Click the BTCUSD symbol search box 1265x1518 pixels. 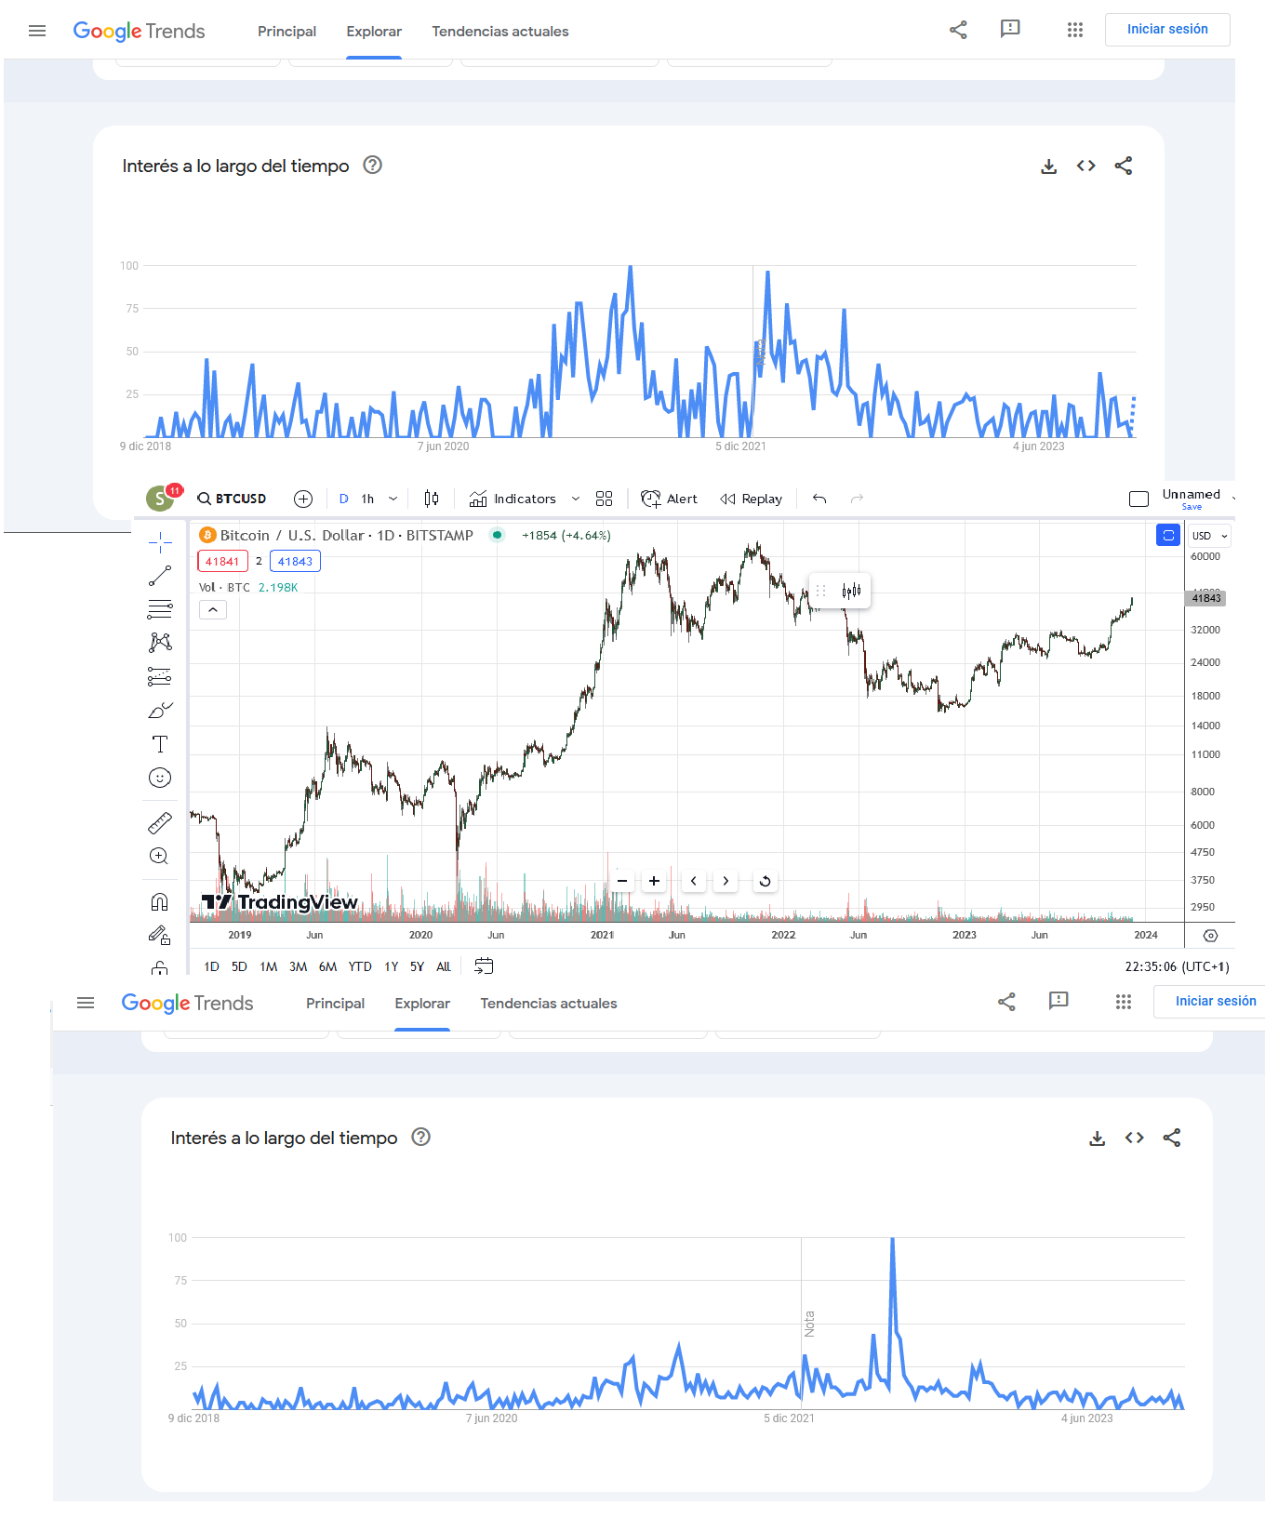tap(233, 499)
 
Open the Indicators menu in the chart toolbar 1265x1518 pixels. tap(513, 499)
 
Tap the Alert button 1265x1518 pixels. tap(670, 499)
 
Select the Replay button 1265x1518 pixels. tap(752, 499)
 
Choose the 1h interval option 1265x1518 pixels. tap(367, 499)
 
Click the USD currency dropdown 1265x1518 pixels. tap(1210, 536)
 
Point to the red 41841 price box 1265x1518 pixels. tap(222, 561)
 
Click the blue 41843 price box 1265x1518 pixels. tap(295, 561)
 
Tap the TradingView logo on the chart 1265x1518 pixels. tap(280, 902)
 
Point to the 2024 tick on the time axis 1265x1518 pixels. tap(1146, 935)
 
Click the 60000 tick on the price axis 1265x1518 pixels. tap(1205, 556)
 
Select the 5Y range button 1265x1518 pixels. tap(417, 966)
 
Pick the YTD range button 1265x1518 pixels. tap(360, 966)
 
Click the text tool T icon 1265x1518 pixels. tap(160, 744)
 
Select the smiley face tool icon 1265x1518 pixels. tap(160, 778)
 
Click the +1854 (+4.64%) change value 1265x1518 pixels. tap(566, 535)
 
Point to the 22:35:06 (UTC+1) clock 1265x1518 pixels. tap(1177, 966)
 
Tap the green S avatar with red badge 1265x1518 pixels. tap(161, 498)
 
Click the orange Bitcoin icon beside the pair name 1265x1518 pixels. tap(207, 535)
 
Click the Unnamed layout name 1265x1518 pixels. tap(1191, 494)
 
